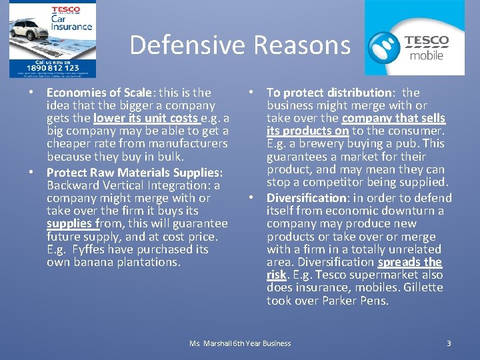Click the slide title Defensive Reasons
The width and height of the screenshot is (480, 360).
tap(239, 45)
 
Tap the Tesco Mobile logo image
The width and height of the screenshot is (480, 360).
tap(414, 38)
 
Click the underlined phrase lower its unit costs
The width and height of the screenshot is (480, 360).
tap(146, 118)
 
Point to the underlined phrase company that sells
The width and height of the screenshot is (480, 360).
tap(393, 118)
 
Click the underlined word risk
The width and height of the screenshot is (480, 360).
tap(276, 275)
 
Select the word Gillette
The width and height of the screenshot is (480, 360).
tap(421, 287)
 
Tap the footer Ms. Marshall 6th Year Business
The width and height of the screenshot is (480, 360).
tap(240, 343)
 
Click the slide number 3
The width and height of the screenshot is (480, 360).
tap(449, 343)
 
